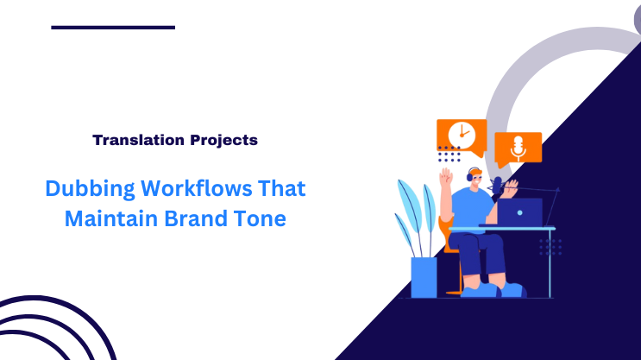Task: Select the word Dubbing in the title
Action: tap(85, 187)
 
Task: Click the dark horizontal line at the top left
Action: tap(113, 28)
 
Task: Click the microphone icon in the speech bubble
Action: tap(518, 147)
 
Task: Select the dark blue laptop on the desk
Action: tap(520, 212)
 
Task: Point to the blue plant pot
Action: tap(424, 276)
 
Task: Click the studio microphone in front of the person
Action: tap(498, 183)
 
